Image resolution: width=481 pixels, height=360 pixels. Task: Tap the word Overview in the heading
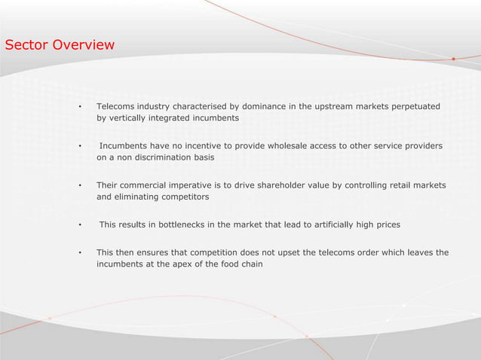point(85,45)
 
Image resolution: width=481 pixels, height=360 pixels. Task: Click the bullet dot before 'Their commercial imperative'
point(79,185)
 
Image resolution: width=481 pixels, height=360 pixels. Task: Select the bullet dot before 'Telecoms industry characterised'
point(79,107)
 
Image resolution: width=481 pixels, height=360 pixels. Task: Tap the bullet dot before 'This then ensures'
point(79,252)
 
